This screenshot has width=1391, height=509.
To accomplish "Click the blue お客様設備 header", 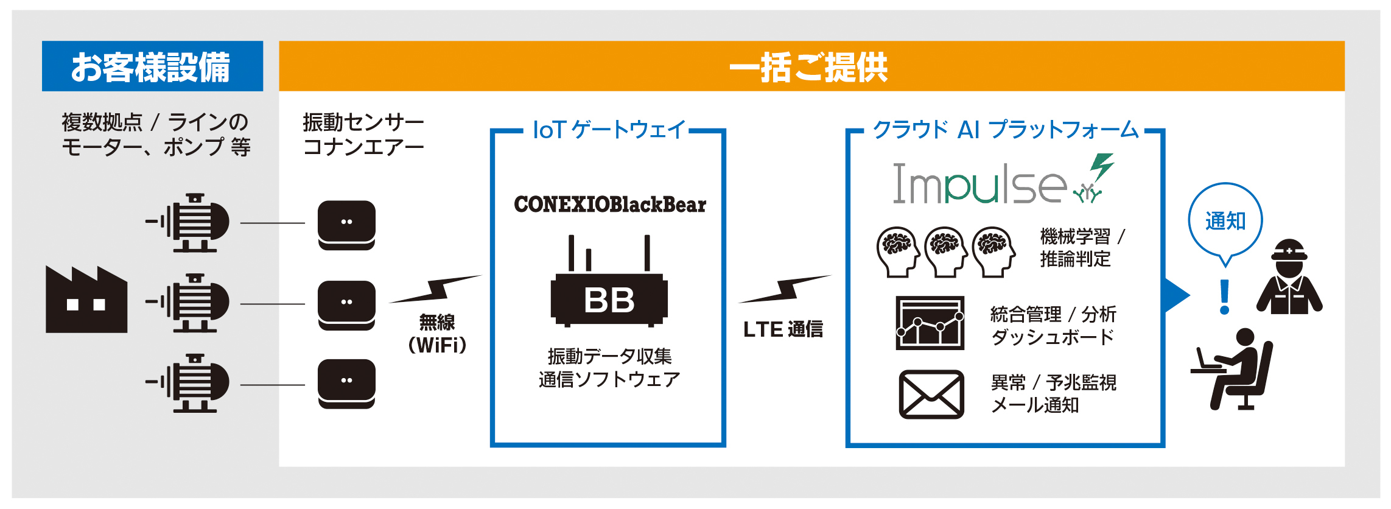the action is [x=152, y=66].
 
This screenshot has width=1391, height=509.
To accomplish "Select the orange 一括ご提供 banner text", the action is [x=809, y=67].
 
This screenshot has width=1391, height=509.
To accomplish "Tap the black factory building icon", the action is [x=86, y=300].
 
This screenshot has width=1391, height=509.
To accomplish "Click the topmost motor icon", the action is [x=187, y=223].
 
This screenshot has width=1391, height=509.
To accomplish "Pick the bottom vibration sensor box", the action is [x=346, y=384].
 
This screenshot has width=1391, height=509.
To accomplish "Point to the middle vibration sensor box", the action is [x=346, y=305].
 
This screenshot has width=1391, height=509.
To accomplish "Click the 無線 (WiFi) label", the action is [x=437, y=334].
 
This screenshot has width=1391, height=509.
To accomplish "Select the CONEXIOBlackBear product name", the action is [x=610, y=205].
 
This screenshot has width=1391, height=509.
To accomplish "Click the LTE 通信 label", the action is [x=783, y=329].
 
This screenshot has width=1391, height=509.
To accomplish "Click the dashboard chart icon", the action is [x=930, y=323].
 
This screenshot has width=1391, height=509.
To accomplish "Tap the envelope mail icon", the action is [x=931, y=394].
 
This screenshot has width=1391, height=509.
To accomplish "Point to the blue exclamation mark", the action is [x=1225, y=297].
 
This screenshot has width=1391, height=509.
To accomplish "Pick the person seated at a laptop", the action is [x=1233, y=369].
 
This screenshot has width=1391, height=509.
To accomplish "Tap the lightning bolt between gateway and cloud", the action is [x=784, y=289].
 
